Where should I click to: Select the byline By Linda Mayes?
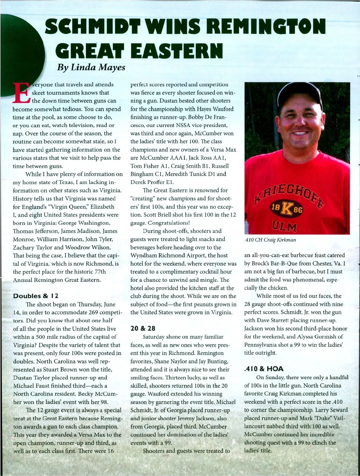click(x=91, y=67)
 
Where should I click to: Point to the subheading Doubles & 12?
click(x=35, y=296)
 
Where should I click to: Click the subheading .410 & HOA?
click(x=264, y=369)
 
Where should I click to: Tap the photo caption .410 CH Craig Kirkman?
click(x=270, y=240)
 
